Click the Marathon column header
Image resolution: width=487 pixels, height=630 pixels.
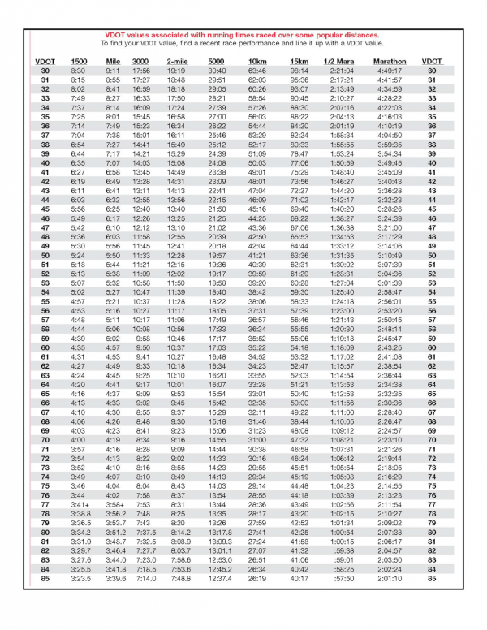click(390, 62)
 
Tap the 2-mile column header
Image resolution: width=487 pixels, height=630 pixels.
click(176, 62)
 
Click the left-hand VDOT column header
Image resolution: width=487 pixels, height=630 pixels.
click(45, 62)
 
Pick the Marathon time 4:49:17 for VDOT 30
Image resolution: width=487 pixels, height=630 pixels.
click(390, 71)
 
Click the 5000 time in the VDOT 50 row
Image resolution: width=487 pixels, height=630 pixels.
click(218, 256)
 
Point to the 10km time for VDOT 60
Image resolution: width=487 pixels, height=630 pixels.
click(256, 347)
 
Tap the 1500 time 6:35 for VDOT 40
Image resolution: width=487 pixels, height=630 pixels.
click(79, 163)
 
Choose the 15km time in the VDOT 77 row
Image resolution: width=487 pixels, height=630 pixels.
click(299, 504)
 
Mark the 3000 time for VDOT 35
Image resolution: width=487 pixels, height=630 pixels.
click(142, 118)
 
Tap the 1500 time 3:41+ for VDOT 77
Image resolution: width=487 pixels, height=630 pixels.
click(79, 504)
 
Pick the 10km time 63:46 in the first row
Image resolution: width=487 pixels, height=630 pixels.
click(256, 71)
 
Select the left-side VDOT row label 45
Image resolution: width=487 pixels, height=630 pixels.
click(45, 209)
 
